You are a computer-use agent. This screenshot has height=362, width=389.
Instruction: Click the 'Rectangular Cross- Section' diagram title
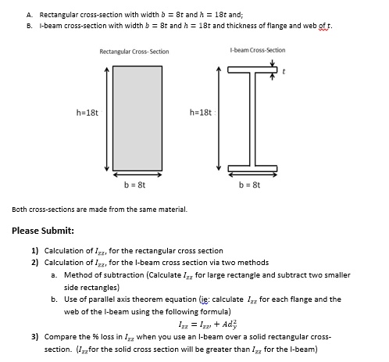(x=134, y=52)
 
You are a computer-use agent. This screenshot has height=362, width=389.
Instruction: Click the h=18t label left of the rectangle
(x=87, y=112)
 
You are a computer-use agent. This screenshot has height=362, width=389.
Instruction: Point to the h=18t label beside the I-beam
(x=200, y=112)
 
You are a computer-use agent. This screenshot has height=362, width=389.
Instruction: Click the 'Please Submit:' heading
(x=44, y=231)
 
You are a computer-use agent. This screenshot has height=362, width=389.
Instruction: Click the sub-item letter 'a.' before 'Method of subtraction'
(x=53, y=274)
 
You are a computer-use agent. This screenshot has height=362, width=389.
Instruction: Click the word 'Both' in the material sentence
(x=20, y=210)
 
